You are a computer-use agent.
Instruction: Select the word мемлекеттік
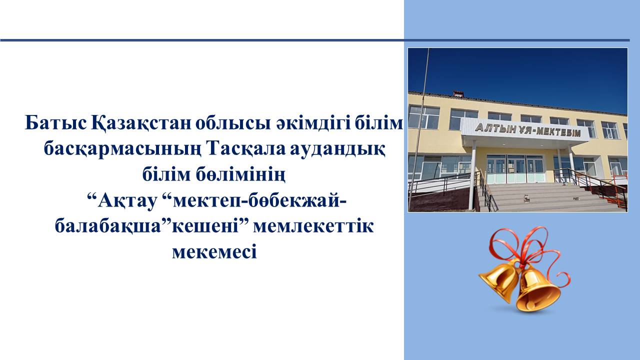click(313, 227)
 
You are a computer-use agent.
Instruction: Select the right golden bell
click(537, 288)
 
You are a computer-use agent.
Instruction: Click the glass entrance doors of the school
click(515, 169)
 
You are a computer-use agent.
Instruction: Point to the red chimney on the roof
click(458, 93)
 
